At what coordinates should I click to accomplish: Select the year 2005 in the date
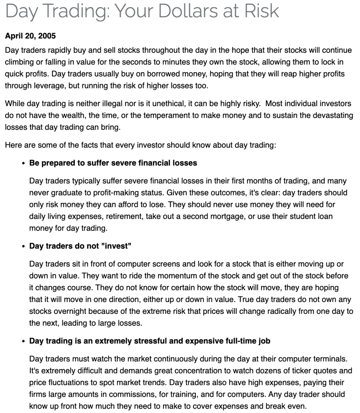pyautogui.click(x=48, y=36)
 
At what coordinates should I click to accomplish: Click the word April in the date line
pyautogui.click(x=14, y=36)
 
